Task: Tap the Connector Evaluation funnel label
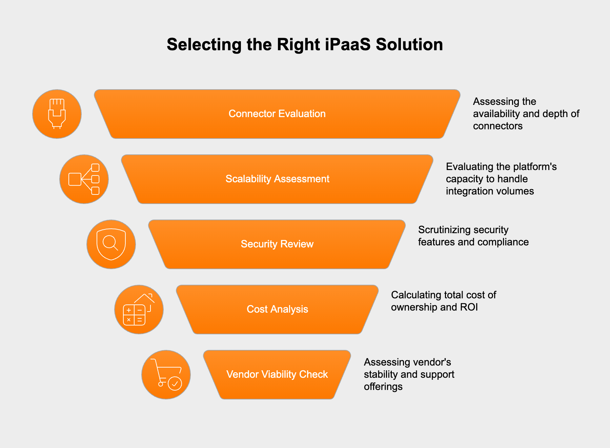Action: tap(277, 114)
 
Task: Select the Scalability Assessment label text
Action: tap(277, 179)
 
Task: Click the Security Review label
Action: tap(277, 244)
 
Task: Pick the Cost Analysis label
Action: tap(277, 309)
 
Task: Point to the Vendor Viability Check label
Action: tap(277, 374)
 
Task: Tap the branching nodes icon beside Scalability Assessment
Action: tap(84, 179)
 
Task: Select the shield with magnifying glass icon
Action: tap(111, 244)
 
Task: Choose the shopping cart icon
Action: tap(166, 374)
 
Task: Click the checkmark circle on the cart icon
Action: tap(175, 384)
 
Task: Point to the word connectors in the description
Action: tap(497, 126)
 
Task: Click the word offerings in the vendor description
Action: tap(383, 387)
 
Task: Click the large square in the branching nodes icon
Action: tap(75, 179)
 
